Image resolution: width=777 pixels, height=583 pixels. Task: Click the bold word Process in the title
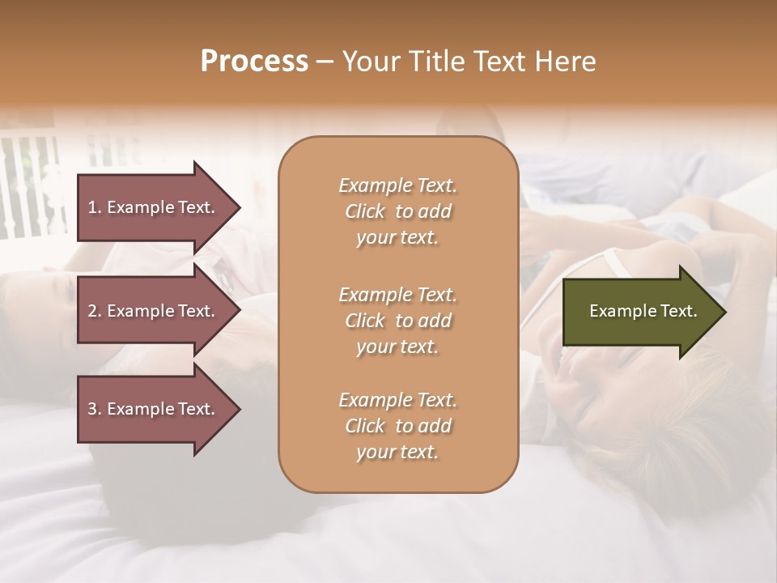tap(254, 62)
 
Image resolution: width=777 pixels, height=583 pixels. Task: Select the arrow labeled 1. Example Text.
tap(154, 207)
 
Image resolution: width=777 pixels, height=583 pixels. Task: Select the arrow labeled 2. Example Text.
tap(154, 311)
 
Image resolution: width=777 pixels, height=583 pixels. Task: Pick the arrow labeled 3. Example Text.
tap(154, 410)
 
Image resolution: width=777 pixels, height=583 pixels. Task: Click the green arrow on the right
tap(639, 311)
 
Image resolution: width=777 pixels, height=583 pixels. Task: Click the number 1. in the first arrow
tap(95, 207)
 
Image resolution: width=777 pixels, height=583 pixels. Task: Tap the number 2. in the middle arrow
tap(95, 311)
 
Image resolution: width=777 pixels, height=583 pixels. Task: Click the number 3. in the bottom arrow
tap(95, 410)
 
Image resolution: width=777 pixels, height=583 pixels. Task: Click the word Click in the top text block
tap(364, 212)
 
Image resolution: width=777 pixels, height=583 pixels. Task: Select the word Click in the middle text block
tap(364, 321)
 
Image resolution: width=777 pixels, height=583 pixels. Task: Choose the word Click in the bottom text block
tap(364, 427)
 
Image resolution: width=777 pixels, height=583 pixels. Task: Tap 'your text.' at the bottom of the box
tap(397, 453)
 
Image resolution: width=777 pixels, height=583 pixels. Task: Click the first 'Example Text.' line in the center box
tap(397, 186)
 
